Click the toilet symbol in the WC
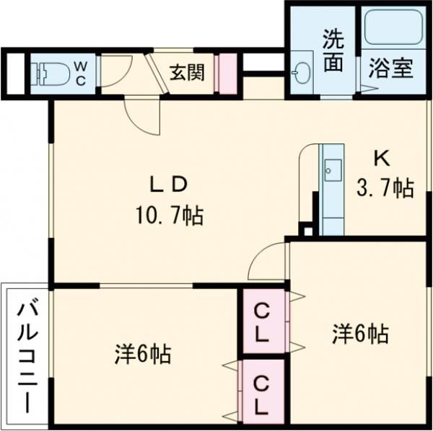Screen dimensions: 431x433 point(51,73)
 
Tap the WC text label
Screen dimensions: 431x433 point(80,74)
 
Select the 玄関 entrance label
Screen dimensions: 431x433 point(187,72)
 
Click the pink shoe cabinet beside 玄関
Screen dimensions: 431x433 point(226,73)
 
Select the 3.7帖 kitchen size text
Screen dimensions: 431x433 point(385,189)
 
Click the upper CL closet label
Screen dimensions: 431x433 point(263,323)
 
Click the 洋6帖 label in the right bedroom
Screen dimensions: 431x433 point(360,334)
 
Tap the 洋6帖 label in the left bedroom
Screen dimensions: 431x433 point(142,354)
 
